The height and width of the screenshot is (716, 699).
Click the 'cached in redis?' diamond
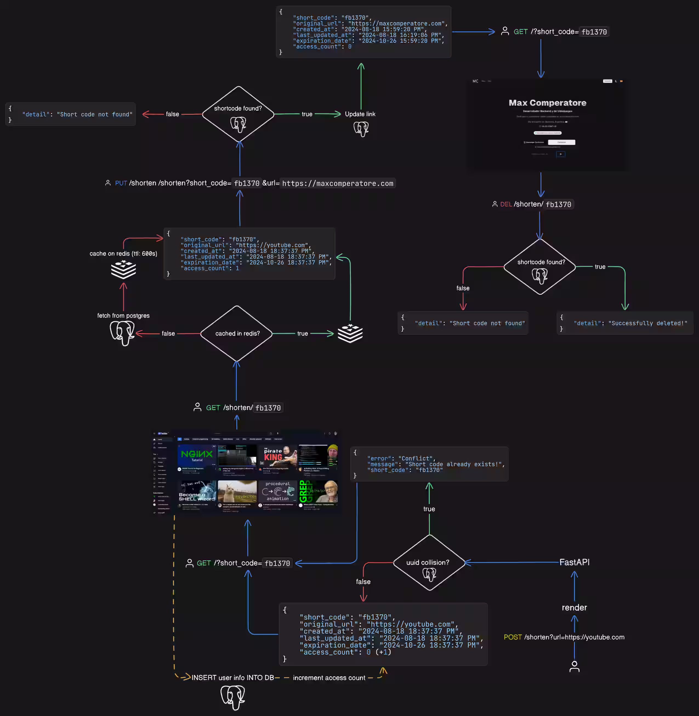pos(237,333)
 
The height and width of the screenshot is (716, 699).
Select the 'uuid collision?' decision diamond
pos(429,562)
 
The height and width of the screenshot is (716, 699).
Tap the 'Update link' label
pos(360,114)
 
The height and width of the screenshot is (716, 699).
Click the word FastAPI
pos(574,562)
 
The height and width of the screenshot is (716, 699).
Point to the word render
pos(574,608)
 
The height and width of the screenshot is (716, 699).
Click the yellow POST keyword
pos(513,637)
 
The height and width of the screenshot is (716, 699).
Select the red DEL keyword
pos(506,204)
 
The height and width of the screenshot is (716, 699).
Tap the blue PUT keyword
pos(121,183)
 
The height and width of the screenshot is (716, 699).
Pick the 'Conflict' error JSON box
pos(429,464)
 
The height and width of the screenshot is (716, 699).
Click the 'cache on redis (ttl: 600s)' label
pos(123,253)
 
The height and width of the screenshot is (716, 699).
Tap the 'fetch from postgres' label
pos(123,316)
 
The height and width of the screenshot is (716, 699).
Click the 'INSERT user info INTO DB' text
pos(232,677)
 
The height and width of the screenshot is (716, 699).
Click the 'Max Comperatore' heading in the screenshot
pos(547,103)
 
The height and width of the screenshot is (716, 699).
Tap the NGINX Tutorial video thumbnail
pos(197,455)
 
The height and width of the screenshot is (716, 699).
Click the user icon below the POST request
pos(574,666)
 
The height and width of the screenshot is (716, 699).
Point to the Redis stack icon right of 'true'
pos(350,333)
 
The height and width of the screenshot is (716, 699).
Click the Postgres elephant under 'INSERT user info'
pos(233,697)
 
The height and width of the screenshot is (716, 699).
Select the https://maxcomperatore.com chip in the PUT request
pos(337,184)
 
